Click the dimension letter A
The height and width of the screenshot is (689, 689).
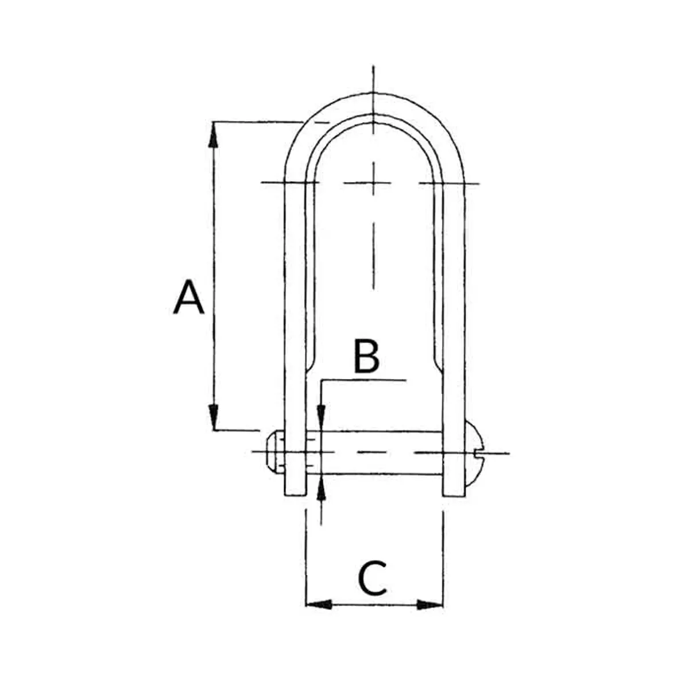[x=188, y=297]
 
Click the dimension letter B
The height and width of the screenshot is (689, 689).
[x=366, y=356]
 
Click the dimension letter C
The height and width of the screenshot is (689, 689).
[x=373, y=579]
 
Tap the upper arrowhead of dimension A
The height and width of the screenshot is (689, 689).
[x=214, y=133]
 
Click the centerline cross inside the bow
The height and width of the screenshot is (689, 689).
[x=374, y=183]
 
